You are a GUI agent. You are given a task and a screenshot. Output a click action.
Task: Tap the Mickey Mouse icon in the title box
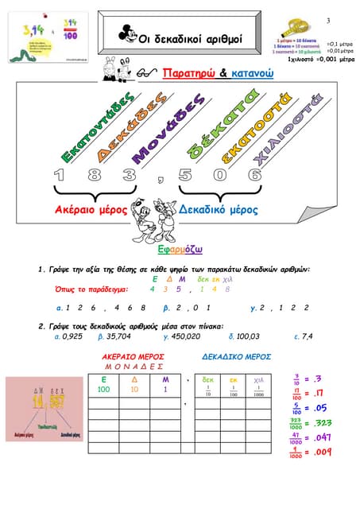point(126,33)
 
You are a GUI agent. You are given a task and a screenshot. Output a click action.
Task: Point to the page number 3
point(327,19)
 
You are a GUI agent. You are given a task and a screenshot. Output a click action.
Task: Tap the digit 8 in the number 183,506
point(94,175)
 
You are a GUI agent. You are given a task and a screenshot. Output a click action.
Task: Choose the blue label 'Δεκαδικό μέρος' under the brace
point(219,210)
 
